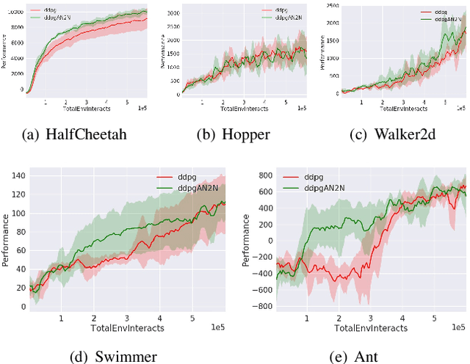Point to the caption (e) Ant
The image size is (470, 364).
click(x=361, y=357)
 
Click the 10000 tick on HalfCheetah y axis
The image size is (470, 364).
click(x=15, y=12)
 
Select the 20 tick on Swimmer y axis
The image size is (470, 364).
click(x=20, y=288)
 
